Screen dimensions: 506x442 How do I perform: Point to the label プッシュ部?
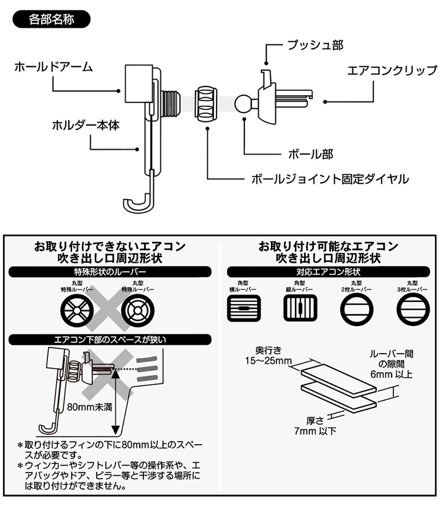(315, 45)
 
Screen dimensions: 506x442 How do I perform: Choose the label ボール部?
(306, 154)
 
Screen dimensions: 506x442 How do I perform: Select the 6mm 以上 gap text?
(396, 375)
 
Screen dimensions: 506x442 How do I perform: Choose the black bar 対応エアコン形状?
(327, 272)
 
